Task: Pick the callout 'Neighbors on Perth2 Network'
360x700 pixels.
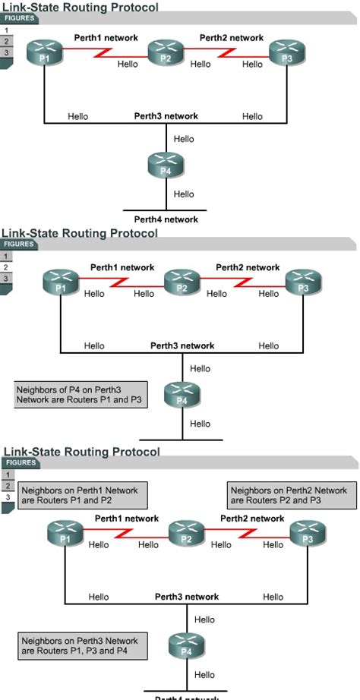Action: (289, 496)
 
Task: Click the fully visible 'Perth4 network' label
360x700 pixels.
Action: (166, 219)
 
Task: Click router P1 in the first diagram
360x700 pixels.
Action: (44, 54)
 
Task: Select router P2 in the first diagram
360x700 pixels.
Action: (166, 54)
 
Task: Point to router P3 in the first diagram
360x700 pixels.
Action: (286, 54)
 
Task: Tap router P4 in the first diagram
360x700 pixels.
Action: (166, 165)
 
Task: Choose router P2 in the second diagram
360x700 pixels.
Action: (182, 284)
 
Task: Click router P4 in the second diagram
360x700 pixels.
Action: (182, 396)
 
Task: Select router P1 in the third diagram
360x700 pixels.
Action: (65, 534)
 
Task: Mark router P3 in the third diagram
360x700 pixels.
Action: (307, 534)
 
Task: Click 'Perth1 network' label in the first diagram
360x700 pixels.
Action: (106, 37)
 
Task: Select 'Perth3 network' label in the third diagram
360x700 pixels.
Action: (187, 597)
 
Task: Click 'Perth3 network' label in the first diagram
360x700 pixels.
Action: (166, 116)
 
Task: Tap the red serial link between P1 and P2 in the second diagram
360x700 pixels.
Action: (121, 285)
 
